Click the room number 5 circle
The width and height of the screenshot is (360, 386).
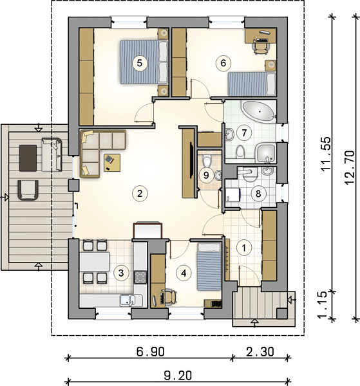140,63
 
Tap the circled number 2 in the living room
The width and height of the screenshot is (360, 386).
140,193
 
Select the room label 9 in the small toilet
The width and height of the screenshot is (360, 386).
206,175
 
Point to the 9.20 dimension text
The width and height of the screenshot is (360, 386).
178,376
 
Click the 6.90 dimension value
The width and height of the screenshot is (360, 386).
151,351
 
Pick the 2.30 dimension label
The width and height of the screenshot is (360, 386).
260,351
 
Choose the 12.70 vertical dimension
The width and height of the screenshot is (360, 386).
350,167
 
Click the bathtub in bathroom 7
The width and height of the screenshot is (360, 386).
258,111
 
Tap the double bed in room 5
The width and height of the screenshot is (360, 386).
144,62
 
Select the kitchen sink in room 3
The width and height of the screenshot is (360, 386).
128,300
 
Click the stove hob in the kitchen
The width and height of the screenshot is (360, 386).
140,277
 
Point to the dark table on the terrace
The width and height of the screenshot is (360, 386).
28,158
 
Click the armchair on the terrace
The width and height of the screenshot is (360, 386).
28,190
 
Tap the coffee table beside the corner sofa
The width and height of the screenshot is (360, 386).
112,163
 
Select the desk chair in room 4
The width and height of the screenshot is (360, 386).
169,297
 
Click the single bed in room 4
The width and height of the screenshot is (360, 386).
209,266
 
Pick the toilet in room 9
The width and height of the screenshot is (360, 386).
207,161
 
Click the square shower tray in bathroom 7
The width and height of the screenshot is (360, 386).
265,153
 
